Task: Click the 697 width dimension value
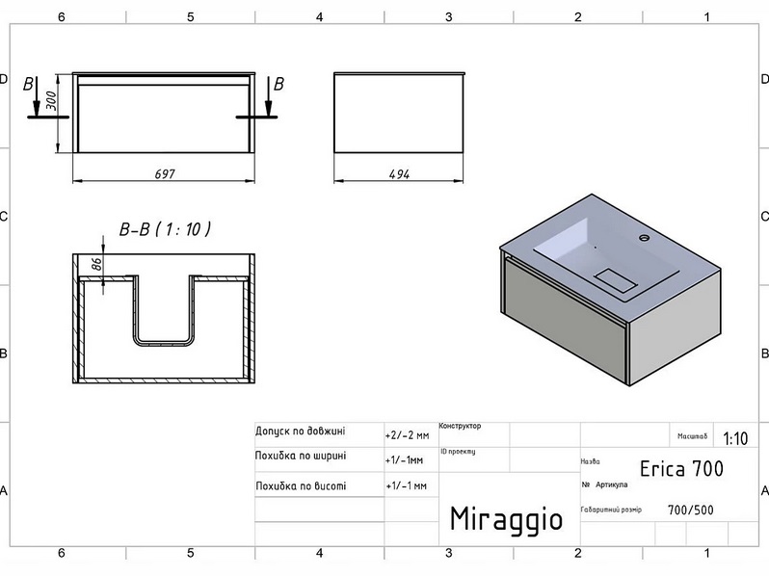(x=165, y=174)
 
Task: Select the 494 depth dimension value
(x=399, y=174)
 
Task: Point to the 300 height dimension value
(x=50, y=100)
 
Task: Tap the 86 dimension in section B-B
(x=97, y=264)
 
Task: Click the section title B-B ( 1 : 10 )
(x=166, y=229)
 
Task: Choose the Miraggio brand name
(x=506, y=519)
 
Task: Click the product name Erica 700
(x=681, y=469)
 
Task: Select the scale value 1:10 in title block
(x=735, y=438)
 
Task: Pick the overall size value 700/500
(x=691, y=511)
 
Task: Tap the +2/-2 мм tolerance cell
(x=407, y=435)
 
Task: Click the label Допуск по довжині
(x=300, y=432)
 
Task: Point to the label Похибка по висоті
(x=301, y=486)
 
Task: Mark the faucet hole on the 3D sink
(x=644, y=238)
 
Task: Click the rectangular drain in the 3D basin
(x=616, y=279)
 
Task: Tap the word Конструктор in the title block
(x=460, y=426)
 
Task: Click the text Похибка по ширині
(x=301, y=456)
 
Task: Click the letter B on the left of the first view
(x=29, y=84)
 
